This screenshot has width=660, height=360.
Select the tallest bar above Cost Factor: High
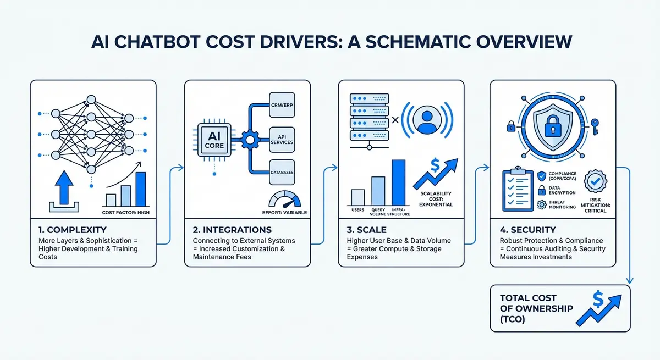(141, 189)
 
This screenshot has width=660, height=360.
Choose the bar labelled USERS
(358, 197)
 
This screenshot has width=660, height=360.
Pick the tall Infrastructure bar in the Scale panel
(398, 182)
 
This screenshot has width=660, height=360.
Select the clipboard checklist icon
(518, 190)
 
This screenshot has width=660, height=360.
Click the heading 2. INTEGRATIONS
(232, 230)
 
